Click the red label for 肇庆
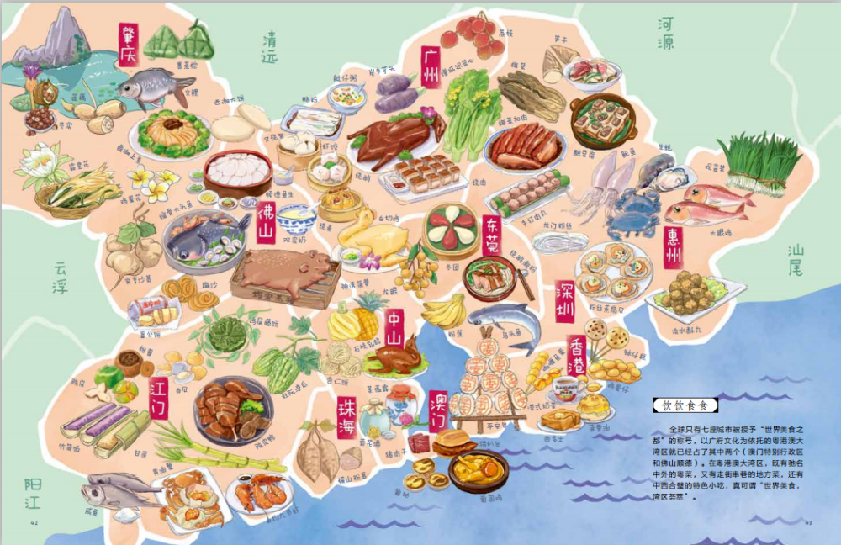(128, 45)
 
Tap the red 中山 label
(394, 328)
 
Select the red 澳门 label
(438, 410)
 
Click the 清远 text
(269, 50)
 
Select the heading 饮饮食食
(685, 405)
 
